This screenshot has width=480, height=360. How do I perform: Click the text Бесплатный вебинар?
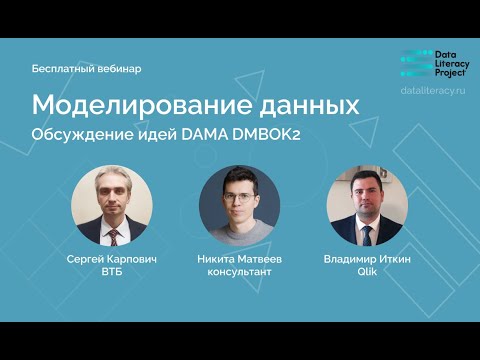tap(87, 69)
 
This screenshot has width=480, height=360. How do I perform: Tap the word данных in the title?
tap(308, 105)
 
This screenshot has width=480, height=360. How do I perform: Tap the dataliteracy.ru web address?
tap(433, 90)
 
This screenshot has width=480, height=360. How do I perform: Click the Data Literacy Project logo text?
tap(452, 60)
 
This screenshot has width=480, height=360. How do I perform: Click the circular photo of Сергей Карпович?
tap(112, 205)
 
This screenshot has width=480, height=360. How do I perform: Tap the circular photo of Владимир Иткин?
tap(367, 205)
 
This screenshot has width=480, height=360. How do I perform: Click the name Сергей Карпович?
tap(112, 259)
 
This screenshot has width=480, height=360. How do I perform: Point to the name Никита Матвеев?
tap(240, 259)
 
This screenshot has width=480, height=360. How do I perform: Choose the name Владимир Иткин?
tap(367, 259)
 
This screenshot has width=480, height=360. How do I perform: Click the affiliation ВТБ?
tap(112, 272)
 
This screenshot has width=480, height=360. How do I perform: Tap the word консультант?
tap(240, 272)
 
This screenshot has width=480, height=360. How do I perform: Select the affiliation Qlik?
tap(367, 272)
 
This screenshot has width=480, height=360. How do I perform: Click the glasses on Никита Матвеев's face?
tap(239, 197)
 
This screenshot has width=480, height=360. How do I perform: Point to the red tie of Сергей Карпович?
tap(113, 236)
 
